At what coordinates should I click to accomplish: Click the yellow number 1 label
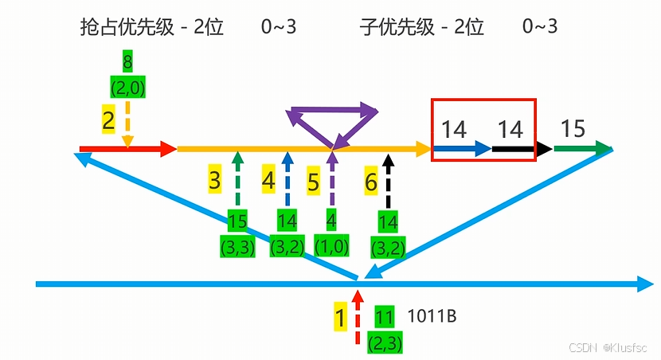[340, 319]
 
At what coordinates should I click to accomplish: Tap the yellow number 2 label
[108, 120]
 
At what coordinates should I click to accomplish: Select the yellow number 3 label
[214, 181]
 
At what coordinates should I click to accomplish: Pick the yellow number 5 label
[313, 181]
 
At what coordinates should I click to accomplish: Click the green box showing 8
[127, 62]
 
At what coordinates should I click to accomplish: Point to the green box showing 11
[385, 318]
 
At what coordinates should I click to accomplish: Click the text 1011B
[432, 316]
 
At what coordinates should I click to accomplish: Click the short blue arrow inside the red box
[462, 148]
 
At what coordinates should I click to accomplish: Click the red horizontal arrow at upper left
[127, 148]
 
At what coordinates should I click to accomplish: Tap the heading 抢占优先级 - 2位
[152, 27]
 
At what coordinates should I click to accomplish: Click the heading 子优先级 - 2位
[421, 27]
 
